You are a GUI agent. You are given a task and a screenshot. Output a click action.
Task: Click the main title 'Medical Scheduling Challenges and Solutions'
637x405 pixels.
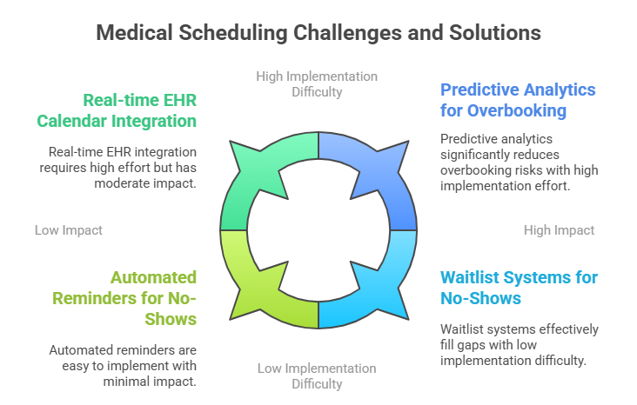(318, 33)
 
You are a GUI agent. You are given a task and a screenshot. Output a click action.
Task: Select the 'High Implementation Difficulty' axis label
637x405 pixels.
(317, 84)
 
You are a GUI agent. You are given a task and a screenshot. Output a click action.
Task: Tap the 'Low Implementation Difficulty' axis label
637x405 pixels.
(317, 375)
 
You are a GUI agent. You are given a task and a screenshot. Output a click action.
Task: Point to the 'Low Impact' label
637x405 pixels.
(69, 230)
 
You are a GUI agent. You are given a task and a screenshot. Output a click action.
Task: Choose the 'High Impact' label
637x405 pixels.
(559, 230)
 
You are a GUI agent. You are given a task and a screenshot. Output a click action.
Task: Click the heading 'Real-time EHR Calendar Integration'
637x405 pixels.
(117, 110)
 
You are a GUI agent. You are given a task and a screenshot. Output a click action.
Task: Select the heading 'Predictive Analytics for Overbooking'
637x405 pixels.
(518, 100)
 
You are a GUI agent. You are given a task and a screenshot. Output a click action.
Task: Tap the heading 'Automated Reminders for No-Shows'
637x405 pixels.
(124, 298)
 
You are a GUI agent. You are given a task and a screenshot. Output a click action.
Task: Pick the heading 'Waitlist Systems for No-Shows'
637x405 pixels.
(520, 288)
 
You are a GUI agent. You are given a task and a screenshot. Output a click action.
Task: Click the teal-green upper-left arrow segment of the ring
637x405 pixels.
(244, 183)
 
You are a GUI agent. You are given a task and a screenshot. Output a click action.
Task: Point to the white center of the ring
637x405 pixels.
(318, 230)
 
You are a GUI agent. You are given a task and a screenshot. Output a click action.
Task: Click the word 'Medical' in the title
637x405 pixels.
(135, 33)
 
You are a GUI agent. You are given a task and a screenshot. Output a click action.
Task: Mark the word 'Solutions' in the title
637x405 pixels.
(495, 33)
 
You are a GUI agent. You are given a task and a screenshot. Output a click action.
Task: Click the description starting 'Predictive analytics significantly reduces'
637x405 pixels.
(520, 163)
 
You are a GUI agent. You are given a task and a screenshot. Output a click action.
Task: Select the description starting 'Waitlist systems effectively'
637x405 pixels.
(520, 344)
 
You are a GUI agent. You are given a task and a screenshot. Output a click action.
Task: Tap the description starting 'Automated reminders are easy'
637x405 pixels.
(123, 366)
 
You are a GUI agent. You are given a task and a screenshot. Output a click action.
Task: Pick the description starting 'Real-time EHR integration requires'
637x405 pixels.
(117, 168)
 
